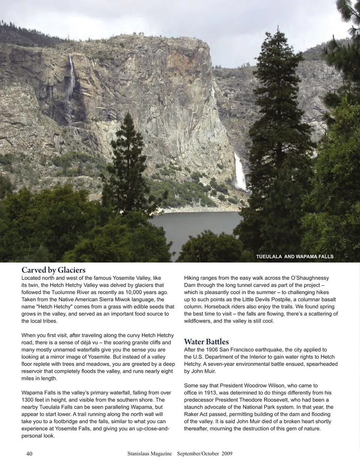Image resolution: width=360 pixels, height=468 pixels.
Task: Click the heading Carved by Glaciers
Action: tap(54, 270)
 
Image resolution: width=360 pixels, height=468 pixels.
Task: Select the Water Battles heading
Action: tap(206, 342)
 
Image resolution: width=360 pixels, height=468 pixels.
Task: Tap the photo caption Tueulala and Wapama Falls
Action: tap(294, 257)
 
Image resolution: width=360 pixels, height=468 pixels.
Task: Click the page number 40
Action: tap(29, 453)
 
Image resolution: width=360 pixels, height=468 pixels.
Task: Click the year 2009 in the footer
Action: tap(227, 453)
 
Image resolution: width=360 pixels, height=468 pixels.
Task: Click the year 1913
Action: tap(212, 393)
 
